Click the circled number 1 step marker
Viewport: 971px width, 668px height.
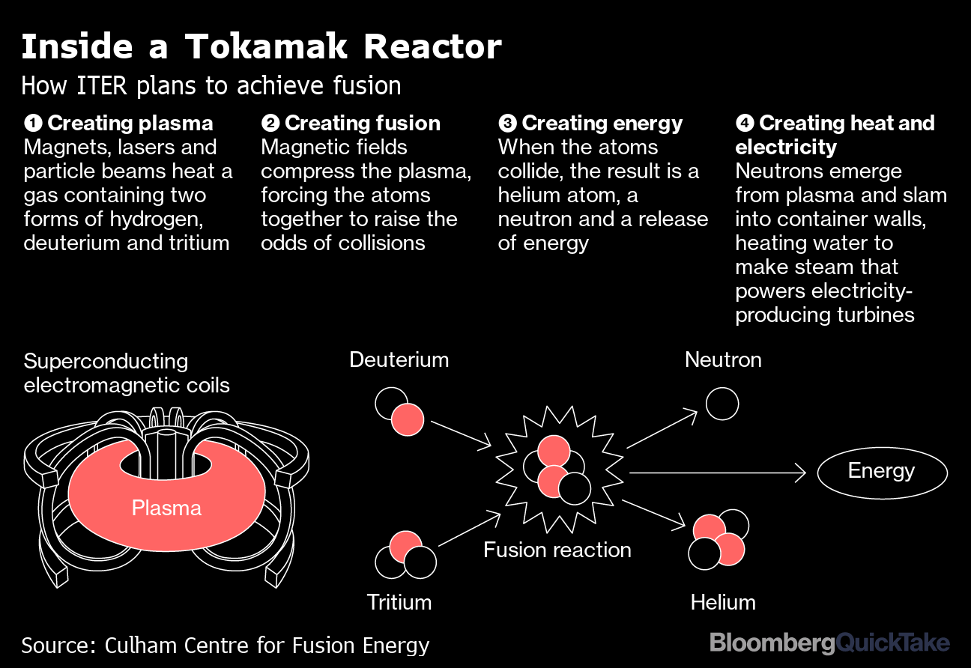tap(33, 123)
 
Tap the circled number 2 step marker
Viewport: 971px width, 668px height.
tap(270, 123)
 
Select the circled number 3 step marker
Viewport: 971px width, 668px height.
tap(508, 123)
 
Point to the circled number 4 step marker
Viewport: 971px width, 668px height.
tap(745, 123)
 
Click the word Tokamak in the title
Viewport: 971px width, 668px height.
tap(266, 46)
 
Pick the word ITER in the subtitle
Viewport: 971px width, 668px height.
tap(101, 85)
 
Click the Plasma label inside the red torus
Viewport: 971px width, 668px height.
tap(166, 508)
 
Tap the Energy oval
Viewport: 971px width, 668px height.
tap(882, 473)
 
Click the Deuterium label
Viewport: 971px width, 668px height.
tap(399, 359)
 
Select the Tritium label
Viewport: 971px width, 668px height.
tap(399, 602)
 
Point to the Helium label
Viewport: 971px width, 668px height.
tap(723, 602)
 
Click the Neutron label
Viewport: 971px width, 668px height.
tap(723, 359)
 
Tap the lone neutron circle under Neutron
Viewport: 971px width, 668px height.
tap(722, 404)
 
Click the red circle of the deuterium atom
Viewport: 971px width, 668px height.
tap(408, 419)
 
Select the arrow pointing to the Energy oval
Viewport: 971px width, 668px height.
tap(718, 473)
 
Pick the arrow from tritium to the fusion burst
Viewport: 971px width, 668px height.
tap(470, 529)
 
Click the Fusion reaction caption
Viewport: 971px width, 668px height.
tap(557, 550)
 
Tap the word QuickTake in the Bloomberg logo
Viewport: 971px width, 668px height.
tap(892, 643)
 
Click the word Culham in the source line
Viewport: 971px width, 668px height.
tap(141, 645)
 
